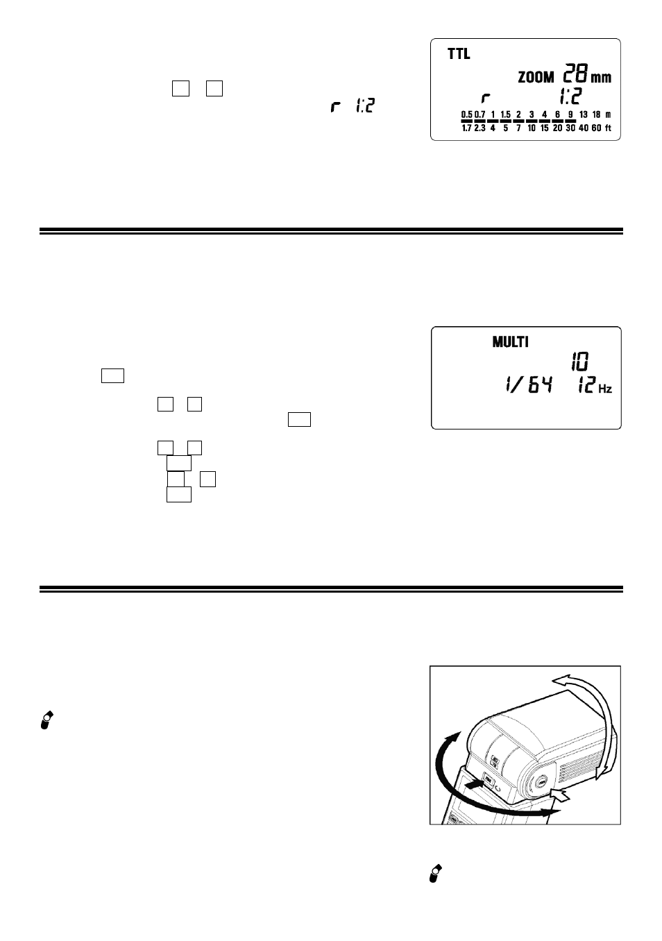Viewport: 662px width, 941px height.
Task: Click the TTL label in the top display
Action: pyautogui.click(x=459, y=54)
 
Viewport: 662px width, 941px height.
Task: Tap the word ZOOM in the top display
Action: pyautogui.click(x=536, y=77)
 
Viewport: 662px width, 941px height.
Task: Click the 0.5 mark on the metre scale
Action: pyautogui.click(x=467, y=115)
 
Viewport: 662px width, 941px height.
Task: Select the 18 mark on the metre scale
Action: pyautogui.click(x=597, y=115)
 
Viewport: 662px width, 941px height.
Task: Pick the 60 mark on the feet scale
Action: pyautogui.click(x=597, y=128)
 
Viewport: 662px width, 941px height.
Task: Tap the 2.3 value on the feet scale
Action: pyautogui.click(x=479, y=128)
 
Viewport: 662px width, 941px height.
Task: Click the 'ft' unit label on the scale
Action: pyautogui.click(x=608, y=128)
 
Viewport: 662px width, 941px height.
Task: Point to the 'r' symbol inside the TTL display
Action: pyautogui.click(x=486, y=99)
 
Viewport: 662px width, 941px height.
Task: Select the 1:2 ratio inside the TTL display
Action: pyautogui.click(x=570, y=96)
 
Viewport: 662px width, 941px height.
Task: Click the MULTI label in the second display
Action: pyautogui.click(x=510, y=342)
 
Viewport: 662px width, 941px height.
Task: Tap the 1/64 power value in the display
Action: pyautogui.click(x=529, y=385)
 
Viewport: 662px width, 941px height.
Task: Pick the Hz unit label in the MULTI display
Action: pyautogui.click(x=605, y=389)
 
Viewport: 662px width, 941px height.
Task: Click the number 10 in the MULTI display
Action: pyautogui.click(x=580, y=362)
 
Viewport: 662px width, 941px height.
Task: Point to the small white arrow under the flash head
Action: pyautogui.click(x=561, y=794)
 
